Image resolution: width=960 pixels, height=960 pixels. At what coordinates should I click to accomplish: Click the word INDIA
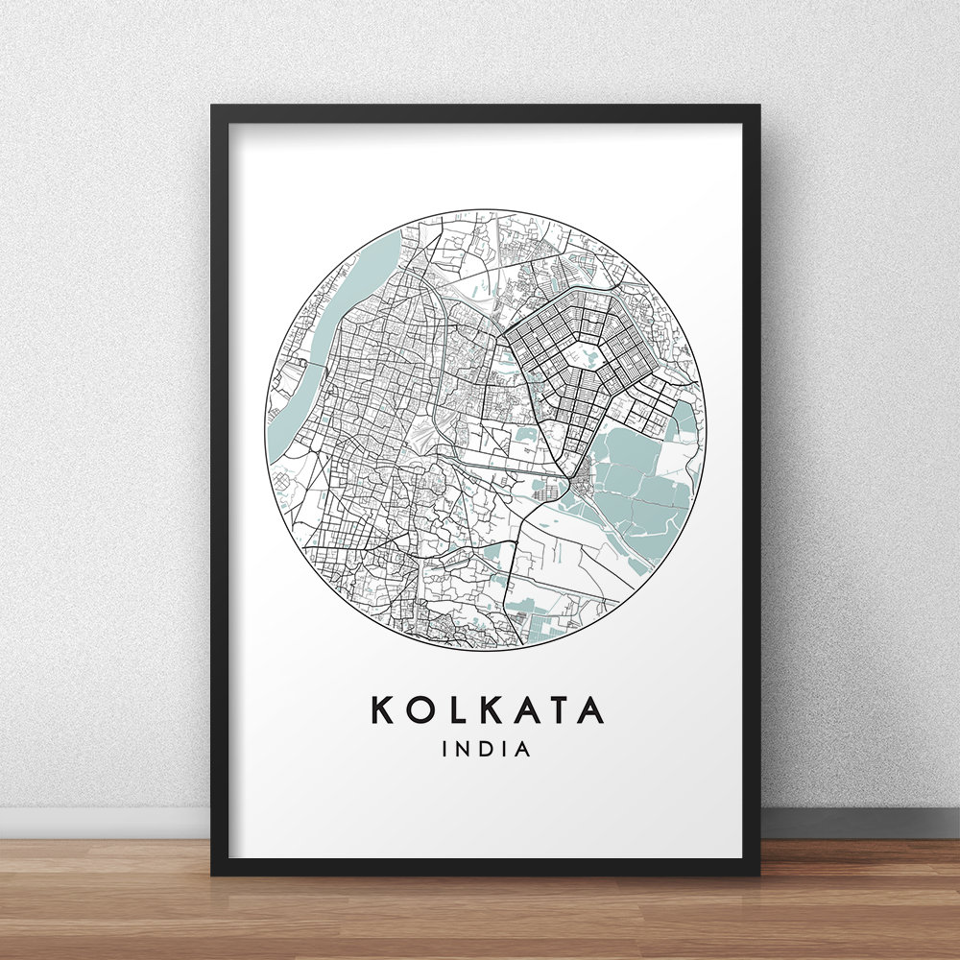[486, 749]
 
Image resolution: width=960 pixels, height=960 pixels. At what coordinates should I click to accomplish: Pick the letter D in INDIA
[486, 749]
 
